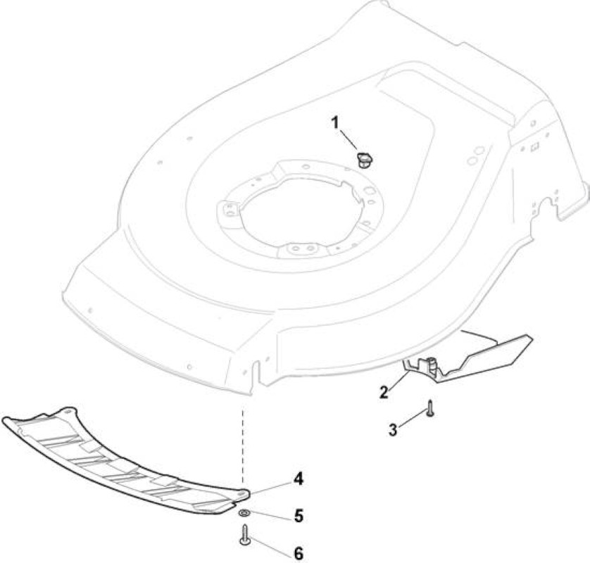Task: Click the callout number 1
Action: (334, 122)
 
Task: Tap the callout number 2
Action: (384, 392)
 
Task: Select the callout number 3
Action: (393, 429)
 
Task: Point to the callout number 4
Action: (299, 479)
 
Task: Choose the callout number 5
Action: (299, 516)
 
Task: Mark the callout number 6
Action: (299, 553)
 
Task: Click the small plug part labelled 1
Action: (364, 160)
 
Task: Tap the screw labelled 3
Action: (430, 409)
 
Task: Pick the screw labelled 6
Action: (245, 535)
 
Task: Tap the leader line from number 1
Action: (349, 139)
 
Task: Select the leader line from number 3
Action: (412, 419)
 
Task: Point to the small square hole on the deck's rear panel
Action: (533, 148)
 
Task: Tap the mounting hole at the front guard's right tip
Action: (243, 493)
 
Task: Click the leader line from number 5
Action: (271, 515)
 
